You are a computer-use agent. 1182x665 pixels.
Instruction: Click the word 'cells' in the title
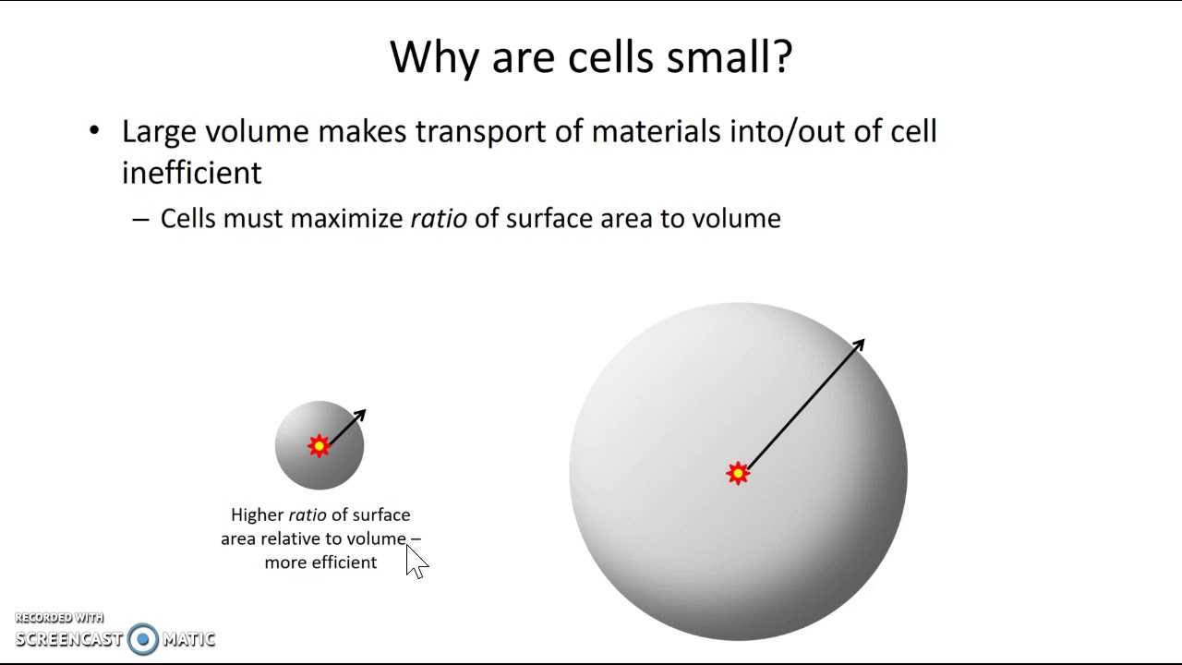click(x=608, y=57)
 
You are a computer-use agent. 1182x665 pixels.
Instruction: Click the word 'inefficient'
click(x=192, y=173)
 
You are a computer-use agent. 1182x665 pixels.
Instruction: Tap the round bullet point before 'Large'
click(x=94, y=131)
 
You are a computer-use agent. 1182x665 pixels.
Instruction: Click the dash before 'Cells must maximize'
click(x=140, y=220)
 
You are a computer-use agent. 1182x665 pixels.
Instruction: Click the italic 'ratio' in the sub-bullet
click(x=439, y=219)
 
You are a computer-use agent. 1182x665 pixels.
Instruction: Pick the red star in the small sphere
click(x=319, y=447)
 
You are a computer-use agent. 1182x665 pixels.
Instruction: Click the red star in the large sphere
click(x=737, y=474)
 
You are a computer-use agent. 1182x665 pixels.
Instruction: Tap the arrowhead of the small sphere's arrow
click(x=360, y=415)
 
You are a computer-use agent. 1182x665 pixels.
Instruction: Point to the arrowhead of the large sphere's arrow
click(x=858, y=345)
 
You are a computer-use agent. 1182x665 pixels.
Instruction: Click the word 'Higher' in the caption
click(x=257, y=514)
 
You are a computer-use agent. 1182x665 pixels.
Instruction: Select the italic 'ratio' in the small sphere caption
click(x=308, y=514)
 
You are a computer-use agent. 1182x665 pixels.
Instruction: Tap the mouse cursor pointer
click(x=415, y=560)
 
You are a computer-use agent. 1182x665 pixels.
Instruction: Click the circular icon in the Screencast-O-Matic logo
click(x=143, y=639)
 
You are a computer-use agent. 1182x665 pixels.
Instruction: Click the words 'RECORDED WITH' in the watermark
click(x=59, y=618)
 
